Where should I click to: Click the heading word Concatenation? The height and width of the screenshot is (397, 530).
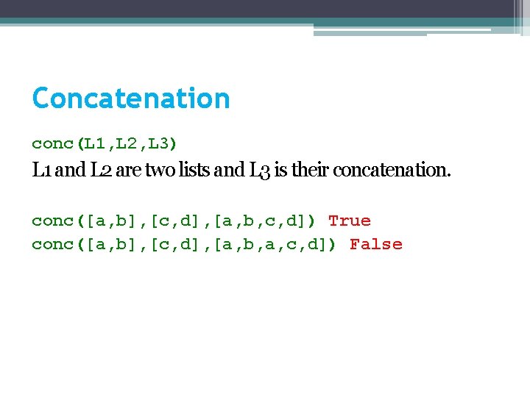click(131, 99)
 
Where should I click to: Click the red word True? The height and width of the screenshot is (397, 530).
click(350, 221)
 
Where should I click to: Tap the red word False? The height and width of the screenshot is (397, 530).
click(376, 244)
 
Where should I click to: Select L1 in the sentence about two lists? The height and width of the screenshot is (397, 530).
click(42, 171)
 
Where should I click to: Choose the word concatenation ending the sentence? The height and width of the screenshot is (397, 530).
click(392, 171)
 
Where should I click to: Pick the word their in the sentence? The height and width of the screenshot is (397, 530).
click(311, 171)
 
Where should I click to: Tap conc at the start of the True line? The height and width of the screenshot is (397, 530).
click(53, 221)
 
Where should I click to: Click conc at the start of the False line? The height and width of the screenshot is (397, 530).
click(53, 244)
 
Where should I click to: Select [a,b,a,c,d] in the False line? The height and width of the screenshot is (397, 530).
click(272, 244)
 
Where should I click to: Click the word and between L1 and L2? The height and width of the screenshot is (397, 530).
click(70, 171)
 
